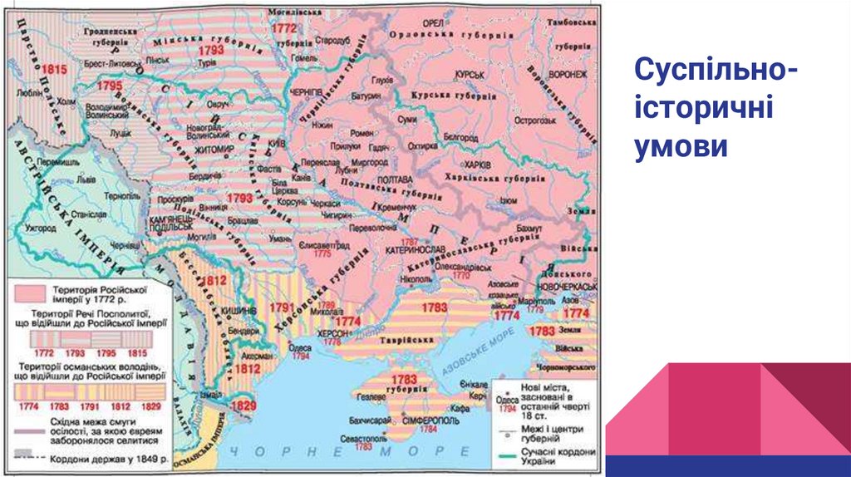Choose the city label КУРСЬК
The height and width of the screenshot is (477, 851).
click(x=469, y=74)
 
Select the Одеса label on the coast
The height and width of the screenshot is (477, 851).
click(x=298, y=347)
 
